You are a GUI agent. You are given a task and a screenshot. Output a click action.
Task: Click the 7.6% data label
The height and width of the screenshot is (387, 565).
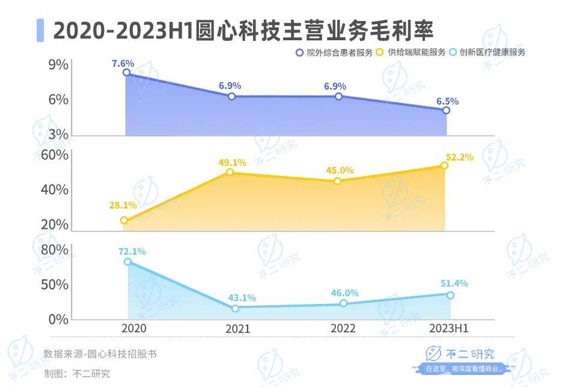point(123,62)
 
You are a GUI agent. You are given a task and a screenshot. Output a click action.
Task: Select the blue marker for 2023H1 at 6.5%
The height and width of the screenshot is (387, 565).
point(446,111)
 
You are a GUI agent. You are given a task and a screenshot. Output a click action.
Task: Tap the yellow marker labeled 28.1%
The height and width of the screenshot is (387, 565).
point(124,221)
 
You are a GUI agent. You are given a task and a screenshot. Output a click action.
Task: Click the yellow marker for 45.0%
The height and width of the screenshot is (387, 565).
point(337,181)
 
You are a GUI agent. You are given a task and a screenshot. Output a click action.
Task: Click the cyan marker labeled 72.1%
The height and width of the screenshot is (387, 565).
point(128,262)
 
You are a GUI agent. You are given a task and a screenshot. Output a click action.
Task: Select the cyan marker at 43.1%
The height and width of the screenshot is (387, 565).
point(235,308)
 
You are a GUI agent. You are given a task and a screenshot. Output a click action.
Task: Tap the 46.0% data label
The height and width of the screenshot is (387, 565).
point(344,293)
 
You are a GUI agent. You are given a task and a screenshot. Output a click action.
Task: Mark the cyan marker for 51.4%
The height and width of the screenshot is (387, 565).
point(450,294)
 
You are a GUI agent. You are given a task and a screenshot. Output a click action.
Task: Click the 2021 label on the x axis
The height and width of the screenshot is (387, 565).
point(237,329)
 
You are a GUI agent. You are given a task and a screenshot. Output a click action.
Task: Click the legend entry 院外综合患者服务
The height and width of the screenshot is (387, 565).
point(334,52)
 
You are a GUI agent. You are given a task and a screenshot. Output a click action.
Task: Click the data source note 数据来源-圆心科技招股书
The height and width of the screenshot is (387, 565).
point(100,354)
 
